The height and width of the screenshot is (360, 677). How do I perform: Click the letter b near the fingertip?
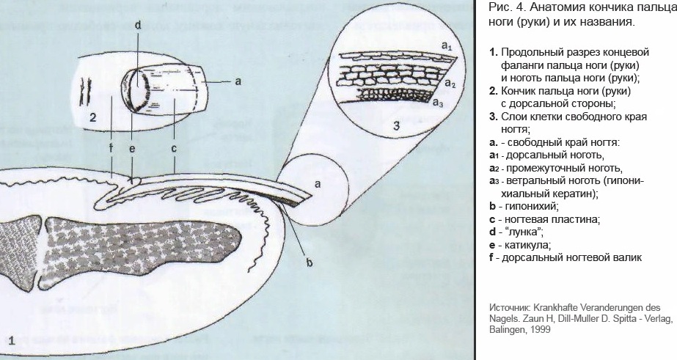(310, 262)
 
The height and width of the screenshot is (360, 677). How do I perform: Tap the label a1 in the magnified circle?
(446, 46)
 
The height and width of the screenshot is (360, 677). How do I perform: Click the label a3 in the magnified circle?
(438, 103)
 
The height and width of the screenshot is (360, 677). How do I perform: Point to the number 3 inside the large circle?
(397, 125)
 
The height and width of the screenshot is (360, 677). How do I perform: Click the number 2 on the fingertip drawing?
(93, 117)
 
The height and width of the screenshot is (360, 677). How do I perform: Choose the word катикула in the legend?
(524, 245)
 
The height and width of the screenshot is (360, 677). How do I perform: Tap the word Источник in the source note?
(510, 306)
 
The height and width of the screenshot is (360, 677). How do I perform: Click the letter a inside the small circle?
(317, 185)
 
